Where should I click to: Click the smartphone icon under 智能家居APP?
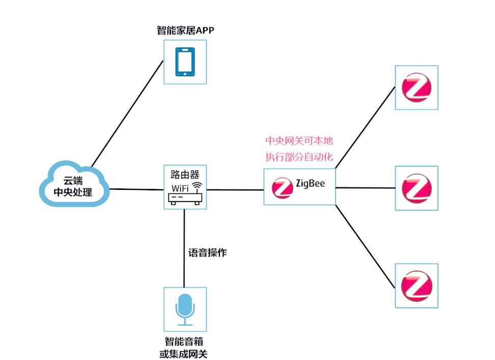pos(185,62)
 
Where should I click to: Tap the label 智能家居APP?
pos(185,31)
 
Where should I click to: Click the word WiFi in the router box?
pos(181,188)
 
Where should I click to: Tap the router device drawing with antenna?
pos(185,198)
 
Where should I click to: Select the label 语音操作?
pos(207,252)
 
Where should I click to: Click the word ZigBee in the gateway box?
pos(310,184)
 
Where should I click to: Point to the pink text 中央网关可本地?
pos(299,141)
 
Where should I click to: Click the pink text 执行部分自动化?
pos(299,157)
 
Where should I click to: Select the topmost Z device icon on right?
pos(417,88)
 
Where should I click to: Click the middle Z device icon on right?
pos(417,188)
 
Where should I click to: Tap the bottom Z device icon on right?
pos(417,286)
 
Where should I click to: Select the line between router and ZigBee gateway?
pos(234,190)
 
